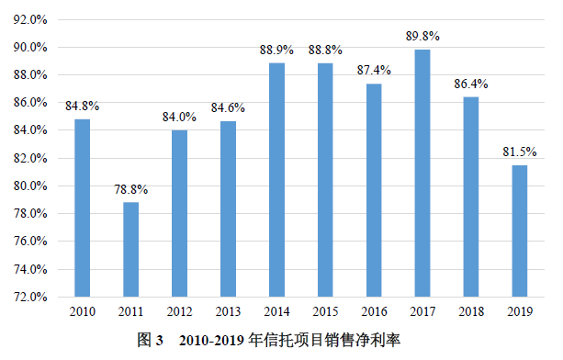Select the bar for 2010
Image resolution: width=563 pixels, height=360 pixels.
pos(82,208)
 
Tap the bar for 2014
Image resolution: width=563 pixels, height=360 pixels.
pos(276,179)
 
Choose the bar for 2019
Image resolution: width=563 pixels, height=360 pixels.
pos(519,231)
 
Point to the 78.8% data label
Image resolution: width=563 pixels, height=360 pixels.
pos(130,190)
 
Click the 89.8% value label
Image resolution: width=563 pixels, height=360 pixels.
pos(422,37)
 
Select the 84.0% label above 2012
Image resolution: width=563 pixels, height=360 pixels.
pos(179,118)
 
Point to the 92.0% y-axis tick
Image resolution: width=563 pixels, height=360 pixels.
pos(31,19)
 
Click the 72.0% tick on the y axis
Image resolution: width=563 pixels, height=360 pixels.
pos(31,298)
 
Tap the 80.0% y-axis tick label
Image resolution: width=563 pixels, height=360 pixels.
pos(31,186)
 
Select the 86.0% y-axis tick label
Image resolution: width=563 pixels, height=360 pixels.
pos(31,103)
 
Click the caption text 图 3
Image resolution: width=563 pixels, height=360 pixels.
pos(150,341)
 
